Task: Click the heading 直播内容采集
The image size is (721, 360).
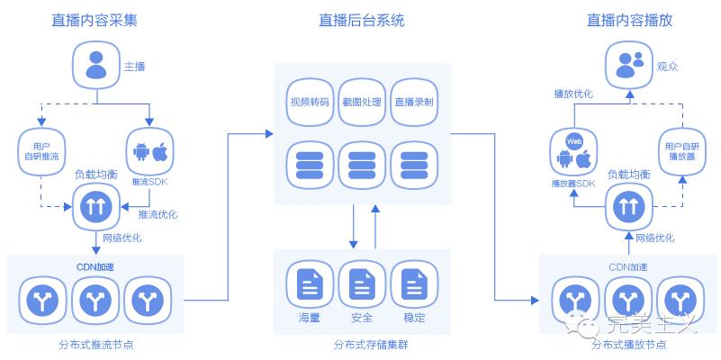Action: coord(95,20)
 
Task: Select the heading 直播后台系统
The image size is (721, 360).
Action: coord(361,20)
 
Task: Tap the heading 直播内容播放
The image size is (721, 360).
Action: coord(629,20)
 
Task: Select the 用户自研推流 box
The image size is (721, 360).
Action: coord(40,151)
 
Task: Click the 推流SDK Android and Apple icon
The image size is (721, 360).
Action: coord(150,152)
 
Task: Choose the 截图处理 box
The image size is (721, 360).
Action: coord(361,102)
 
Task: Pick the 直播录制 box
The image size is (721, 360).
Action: coord(414,102)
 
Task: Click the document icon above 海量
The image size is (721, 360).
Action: coord(309,285)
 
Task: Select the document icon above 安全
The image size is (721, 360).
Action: coord(362,285)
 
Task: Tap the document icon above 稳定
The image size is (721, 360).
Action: coord(414,285)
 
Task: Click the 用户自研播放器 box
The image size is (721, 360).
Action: coord(682,152)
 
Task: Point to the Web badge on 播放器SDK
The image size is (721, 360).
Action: coord(573,141)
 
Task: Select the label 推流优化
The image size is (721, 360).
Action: coord(158,215)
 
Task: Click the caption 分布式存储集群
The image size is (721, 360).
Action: coord(362,345)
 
